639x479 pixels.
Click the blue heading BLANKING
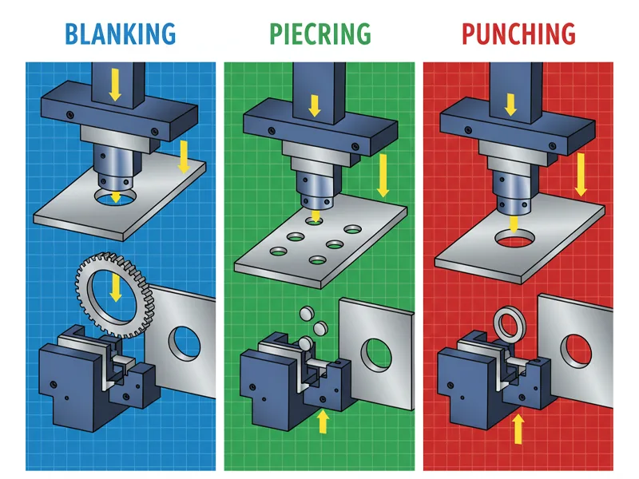(120, 34)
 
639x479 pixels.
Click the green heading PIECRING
(319, 34)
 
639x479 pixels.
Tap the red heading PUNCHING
(518, 34)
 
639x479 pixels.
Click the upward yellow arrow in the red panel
(518, 429)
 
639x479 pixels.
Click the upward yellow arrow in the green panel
(323, 421)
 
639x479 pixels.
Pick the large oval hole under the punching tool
(514, 238)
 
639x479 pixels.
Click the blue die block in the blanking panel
(76, 383)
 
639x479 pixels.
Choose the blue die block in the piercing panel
(276, 383)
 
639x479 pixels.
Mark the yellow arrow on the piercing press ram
(314, 104)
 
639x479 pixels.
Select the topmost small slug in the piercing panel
(304, 311)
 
